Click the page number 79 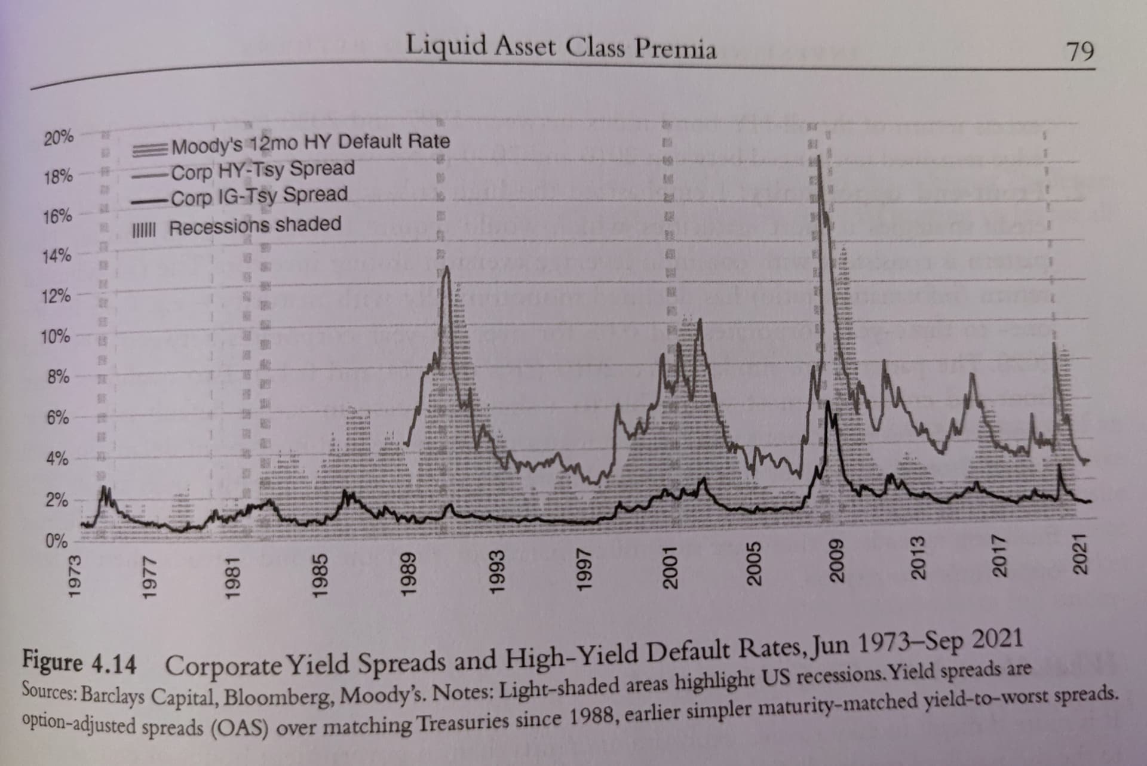pos(1081,52)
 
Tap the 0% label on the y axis pos(57,542)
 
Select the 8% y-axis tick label pos(58,378)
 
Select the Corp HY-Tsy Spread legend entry pos(262,170)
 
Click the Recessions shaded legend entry pos(254,226)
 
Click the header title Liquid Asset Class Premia pos(560,47)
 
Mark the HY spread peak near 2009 pos(818,157)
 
